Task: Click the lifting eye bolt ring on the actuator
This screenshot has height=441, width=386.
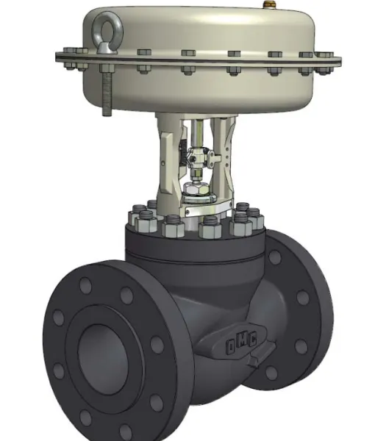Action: [x=100, y=25]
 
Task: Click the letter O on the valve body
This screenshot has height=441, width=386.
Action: [x=231, y=346]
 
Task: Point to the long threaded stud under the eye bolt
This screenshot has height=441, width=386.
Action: [x=107, y=93]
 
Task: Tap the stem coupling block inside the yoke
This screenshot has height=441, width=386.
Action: [x=199, y=157]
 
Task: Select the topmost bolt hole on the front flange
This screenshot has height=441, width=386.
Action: [x=85, y=285]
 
